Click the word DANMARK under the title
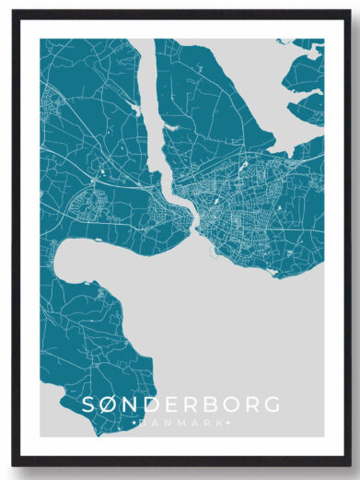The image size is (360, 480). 180,424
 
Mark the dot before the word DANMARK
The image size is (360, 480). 135,424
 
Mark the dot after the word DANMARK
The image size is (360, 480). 226,424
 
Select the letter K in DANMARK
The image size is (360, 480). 218,424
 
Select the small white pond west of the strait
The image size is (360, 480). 136,110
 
